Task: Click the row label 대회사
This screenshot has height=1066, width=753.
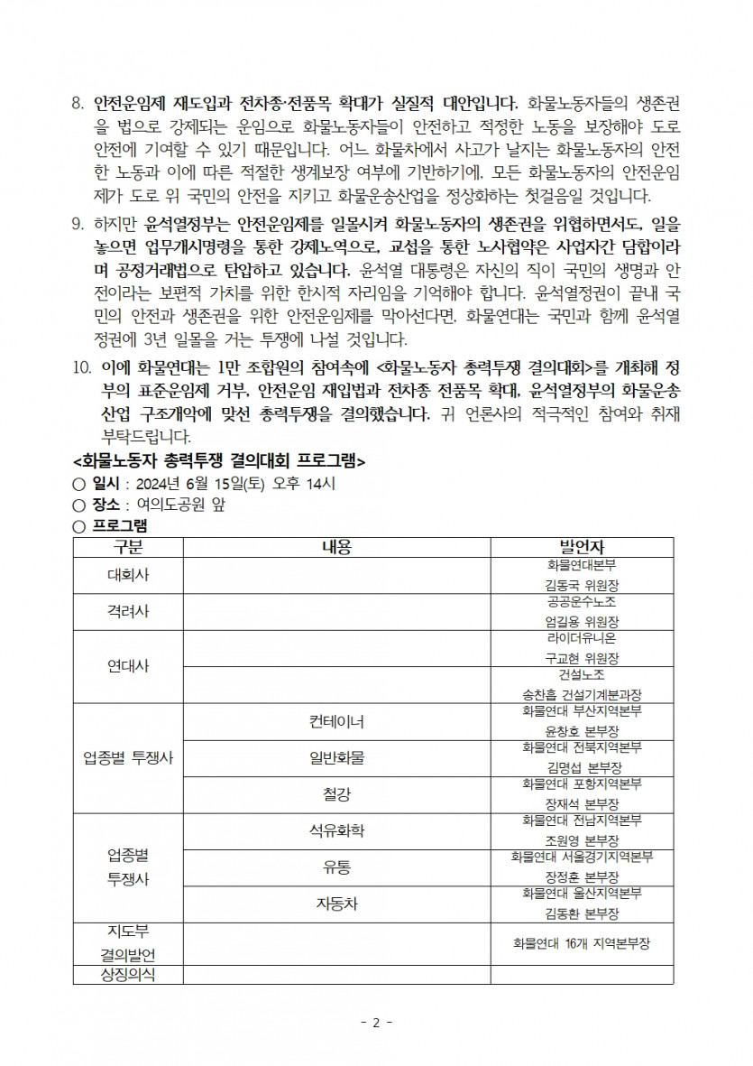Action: (x=127, y=573)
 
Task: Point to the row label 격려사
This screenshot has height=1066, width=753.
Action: (x=127, y=611)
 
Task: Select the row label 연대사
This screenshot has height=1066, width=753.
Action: (x=127, y=666)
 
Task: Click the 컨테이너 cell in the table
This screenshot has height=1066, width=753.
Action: (x=336, y=721)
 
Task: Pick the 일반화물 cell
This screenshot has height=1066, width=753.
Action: (x=336, y=757)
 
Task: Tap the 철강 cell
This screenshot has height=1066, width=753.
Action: (x=336, y=794)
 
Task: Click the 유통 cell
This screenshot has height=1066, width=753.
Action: (x=336, y=867)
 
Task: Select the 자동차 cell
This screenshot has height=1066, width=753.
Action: (x=336, y=904)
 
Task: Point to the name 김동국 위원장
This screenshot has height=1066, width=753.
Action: (x=582, y=585)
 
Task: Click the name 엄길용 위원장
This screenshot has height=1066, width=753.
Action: (x=582, y=622)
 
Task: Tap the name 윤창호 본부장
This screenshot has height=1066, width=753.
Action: (x=582, y=731)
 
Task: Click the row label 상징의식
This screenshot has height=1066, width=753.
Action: (x=127, y=974)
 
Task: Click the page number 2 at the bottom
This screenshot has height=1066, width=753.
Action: (x=376, y=1023)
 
